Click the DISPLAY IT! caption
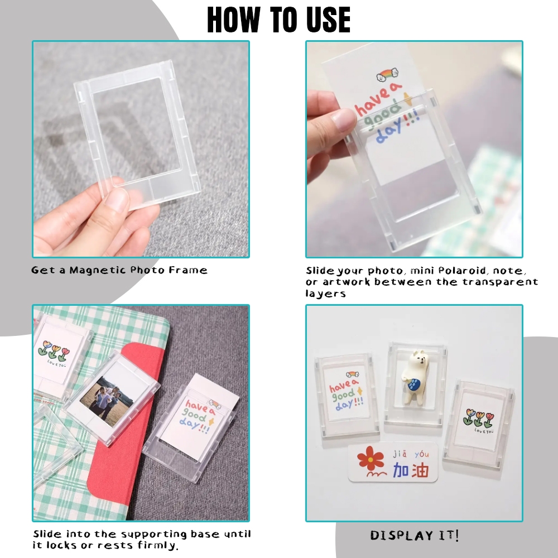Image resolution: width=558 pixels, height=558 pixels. (x=414, y=535)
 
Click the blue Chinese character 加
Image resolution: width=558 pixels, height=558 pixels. (x=401, y=470)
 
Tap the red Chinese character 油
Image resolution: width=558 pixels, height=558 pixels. (x=420, y=470)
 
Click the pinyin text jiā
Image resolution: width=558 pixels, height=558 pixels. (x=400, y=454)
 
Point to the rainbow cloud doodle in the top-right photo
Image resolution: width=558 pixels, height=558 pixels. (x=387, y=75)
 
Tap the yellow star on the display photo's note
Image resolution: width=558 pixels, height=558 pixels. (x=359, y=391)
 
